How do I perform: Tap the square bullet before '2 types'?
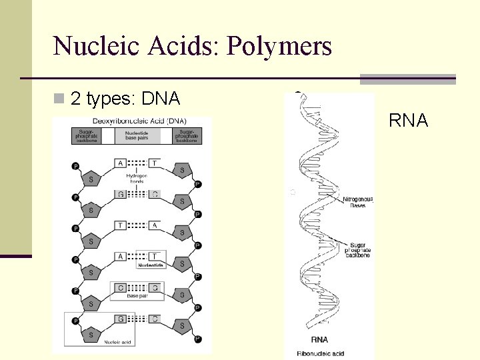point(60,99)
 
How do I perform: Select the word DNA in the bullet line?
point(161,99)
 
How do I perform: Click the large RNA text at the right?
point(408,121)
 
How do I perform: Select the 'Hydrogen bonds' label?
point(137,178)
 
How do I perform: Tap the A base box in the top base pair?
point(120,163)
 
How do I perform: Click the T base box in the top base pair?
point(154,163)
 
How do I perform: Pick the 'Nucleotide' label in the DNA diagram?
point(151,265)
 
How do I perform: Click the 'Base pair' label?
point(137,297)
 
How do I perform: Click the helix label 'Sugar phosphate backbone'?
point(359,249)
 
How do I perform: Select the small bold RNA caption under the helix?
point(319,340)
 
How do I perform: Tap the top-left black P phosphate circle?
point(75,166)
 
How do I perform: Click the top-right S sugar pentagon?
point(181,170)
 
